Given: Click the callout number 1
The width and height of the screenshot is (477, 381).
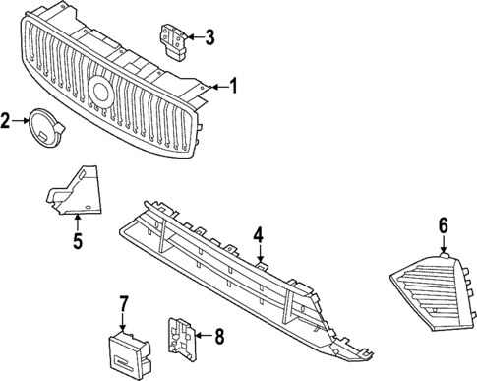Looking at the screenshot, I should pos(233,86).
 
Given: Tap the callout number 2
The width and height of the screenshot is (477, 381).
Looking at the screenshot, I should pos(6,121).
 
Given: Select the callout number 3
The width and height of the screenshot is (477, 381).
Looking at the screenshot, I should pos(209,38).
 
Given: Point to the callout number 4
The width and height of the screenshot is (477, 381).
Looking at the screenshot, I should pos(258,235).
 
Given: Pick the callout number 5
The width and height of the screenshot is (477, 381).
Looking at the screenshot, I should pos(77,239).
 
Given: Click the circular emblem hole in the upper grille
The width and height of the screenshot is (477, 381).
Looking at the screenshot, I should pos(100,92).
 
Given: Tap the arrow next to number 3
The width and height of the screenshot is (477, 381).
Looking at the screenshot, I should pos(193,38).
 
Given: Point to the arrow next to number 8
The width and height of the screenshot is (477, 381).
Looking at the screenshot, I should pos(202,336).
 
